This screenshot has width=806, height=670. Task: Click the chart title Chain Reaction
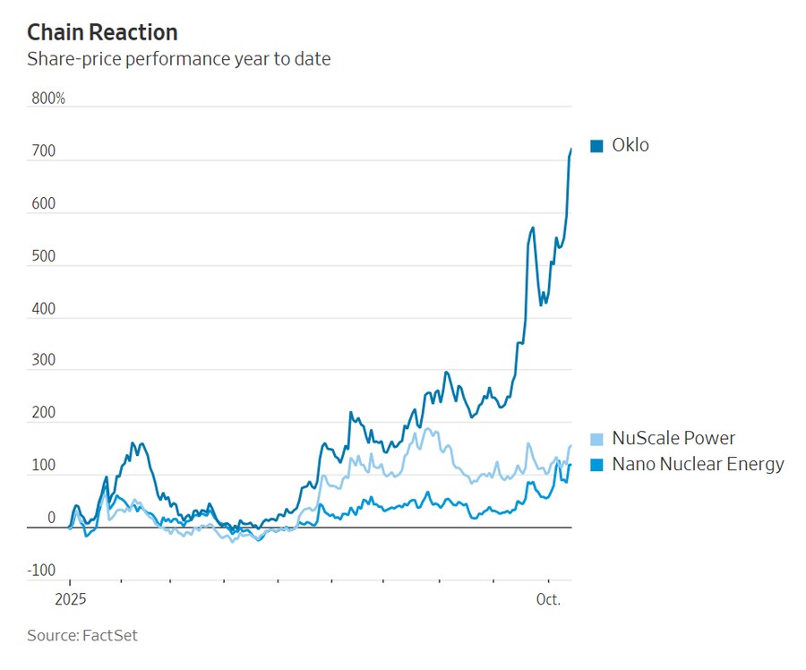[x=102, y=33]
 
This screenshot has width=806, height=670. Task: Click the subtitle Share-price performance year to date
[x=179, y=60]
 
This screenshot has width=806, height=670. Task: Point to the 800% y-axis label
[x=48, y=99]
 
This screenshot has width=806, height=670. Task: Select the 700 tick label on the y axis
[x=44, y=151]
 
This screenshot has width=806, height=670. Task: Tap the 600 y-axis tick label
[x=44, y=203]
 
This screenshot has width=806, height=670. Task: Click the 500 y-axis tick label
[x=44, y=256]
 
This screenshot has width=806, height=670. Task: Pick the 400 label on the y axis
[x=44, y=309]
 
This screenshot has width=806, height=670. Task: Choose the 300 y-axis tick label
[x=44, y=361]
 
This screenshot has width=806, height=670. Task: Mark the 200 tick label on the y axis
[x=44, y=414]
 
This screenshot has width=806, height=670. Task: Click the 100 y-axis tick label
[x=44, y=466]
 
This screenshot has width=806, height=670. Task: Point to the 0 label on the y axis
[x=51, y=518]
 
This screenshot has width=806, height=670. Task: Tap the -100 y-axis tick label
[x=41, y=571]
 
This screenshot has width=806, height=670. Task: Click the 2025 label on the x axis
[x=70, y=599]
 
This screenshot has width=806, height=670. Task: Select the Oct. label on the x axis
[x=548, y=599]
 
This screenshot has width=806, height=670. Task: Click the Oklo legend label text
[x=630, y=145]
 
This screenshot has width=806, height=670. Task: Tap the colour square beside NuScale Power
[x=597, y=439]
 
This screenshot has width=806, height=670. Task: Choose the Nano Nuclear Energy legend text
[x=698, y=464]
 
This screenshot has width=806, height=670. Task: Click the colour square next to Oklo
[x=597, y=146]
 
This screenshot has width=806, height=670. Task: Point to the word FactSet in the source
[x=110, y=636]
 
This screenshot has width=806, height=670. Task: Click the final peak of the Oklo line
[x=571, y=149]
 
